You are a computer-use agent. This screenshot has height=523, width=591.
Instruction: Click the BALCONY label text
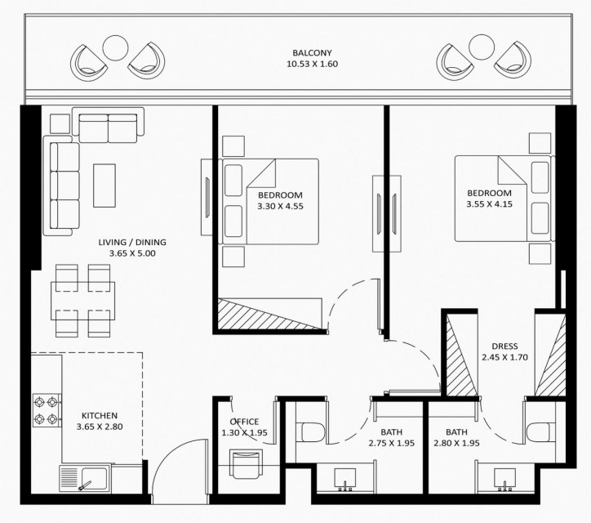312,53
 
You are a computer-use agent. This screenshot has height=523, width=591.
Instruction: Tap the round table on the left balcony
115,48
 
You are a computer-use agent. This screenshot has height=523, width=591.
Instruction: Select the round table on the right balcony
482,47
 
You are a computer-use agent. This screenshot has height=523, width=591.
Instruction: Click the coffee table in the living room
104,186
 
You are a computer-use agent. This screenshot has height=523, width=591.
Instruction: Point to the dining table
83,301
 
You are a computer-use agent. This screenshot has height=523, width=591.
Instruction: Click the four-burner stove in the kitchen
47,410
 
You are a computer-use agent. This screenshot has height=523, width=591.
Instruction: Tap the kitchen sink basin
94,479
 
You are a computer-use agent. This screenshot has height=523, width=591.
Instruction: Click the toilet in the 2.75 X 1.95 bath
310,432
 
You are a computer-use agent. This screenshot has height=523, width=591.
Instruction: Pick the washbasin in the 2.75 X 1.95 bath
344,479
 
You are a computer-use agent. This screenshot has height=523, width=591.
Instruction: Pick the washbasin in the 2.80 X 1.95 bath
504,479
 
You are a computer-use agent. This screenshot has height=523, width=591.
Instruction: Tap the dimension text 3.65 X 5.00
132,253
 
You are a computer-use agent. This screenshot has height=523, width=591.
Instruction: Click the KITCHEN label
100,415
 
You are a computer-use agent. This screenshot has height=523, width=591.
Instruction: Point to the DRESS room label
504,346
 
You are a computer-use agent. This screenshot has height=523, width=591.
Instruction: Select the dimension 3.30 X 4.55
281,206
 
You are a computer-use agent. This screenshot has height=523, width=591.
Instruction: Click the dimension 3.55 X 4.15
489,204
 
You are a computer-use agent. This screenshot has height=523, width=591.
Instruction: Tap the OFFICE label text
244,422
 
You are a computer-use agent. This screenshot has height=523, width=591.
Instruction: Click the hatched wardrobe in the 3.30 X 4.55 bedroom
270,314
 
